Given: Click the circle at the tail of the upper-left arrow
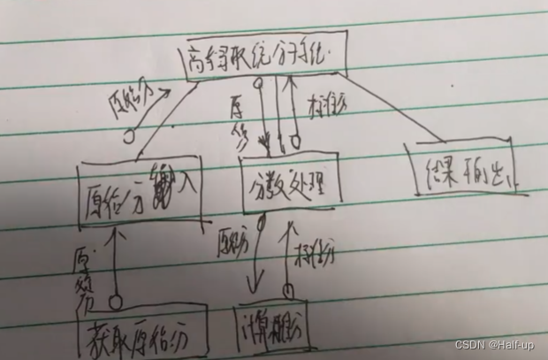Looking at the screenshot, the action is coord(130,137).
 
